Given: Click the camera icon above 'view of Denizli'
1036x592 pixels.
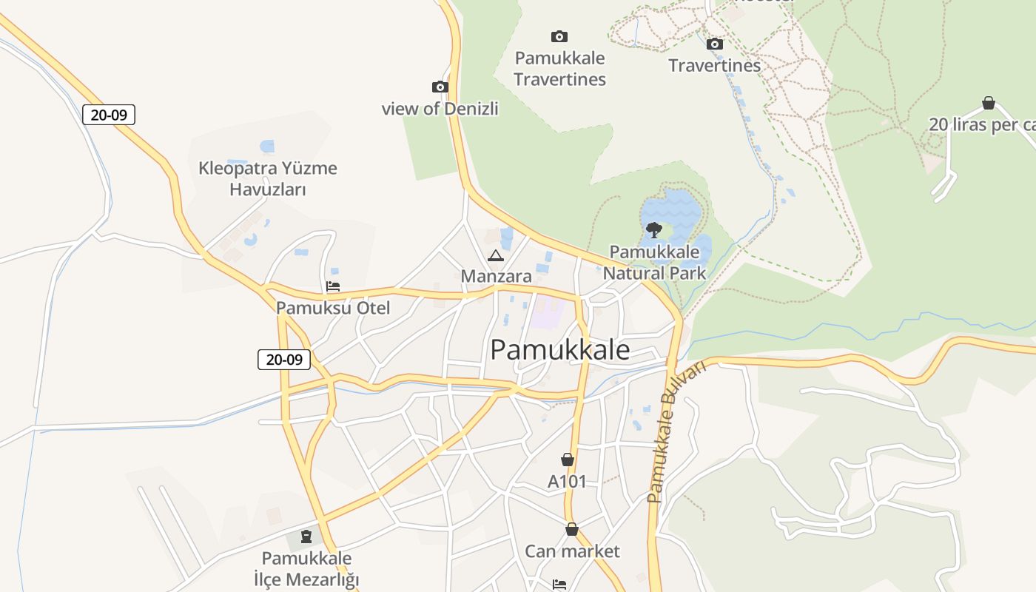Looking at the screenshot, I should coord(440,87).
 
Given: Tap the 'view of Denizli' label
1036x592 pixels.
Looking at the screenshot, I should coord(440,109).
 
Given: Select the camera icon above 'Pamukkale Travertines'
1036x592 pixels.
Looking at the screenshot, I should coord(559,36).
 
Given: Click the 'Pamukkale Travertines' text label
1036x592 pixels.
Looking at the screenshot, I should coord(559,69).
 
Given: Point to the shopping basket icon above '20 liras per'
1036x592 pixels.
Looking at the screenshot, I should coord(988,103).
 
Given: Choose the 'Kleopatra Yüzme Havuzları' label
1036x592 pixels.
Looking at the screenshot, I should coord(268,178).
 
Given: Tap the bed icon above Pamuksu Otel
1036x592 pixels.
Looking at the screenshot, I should coord(333,286).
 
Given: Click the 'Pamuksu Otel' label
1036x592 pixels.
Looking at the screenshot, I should coord(333,308).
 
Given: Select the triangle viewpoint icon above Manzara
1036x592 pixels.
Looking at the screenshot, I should coord(496,256).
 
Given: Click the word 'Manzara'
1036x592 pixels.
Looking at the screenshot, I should coord(496,276).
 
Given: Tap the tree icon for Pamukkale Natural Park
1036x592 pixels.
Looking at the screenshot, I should coord(653,229).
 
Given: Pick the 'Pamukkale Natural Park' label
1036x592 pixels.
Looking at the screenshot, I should coord(654,263).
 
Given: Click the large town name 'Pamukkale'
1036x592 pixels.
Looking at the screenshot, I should coord(560,350).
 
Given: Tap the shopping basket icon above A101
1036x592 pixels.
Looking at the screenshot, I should coord(568,460).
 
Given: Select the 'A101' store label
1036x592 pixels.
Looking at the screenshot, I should coord(567,482).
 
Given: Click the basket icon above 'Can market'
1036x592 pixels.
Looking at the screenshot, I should coord(572,530).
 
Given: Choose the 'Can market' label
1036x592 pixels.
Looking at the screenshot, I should coord(572,551).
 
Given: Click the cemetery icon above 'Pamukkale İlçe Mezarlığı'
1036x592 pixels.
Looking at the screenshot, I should coord(306,536).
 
